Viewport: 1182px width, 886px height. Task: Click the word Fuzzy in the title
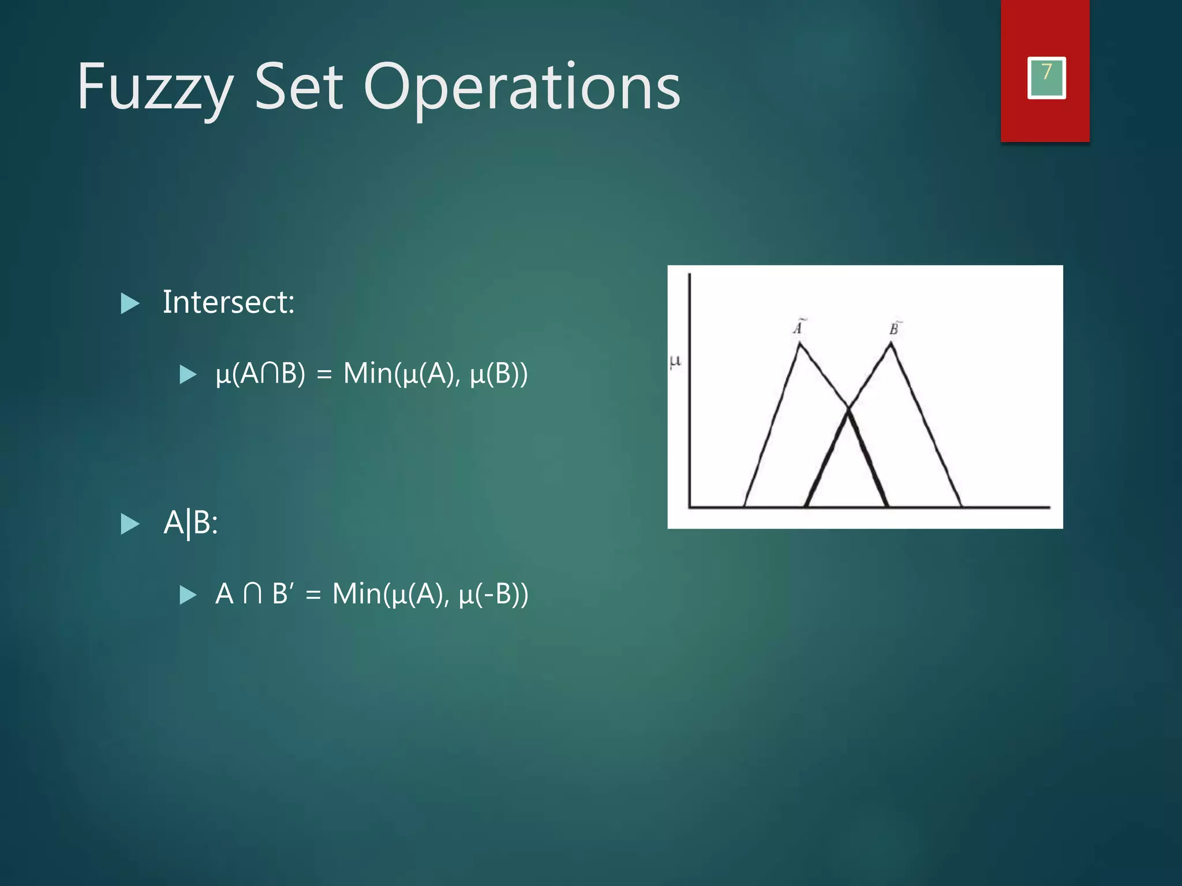(155, 88)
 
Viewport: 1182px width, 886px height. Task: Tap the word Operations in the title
(522, 88)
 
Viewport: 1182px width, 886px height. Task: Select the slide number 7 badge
(1046, 77)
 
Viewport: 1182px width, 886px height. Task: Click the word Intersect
(228, 302)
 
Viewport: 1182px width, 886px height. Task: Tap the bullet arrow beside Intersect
(130, 303)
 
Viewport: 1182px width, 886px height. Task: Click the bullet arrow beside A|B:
(130, 524)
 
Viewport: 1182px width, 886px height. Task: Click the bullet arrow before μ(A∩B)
(188, 374)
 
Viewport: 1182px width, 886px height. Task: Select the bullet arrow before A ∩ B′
(188, 595)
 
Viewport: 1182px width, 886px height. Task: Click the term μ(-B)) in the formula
(493, 594)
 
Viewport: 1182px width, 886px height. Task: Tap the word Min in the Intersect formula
(368, 373)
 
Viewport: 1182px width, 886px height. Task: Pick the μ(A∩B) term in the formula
(260, 373)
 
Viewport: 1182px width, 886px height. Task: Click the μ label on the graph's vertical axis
(675, 362)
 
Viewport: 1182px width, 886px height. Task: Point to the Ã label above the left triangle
(798, 327)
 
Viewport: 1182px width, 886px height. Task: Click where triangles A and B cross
(848, 409)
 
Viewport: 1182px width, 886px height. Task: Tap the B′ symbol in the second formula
(282, 594)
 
